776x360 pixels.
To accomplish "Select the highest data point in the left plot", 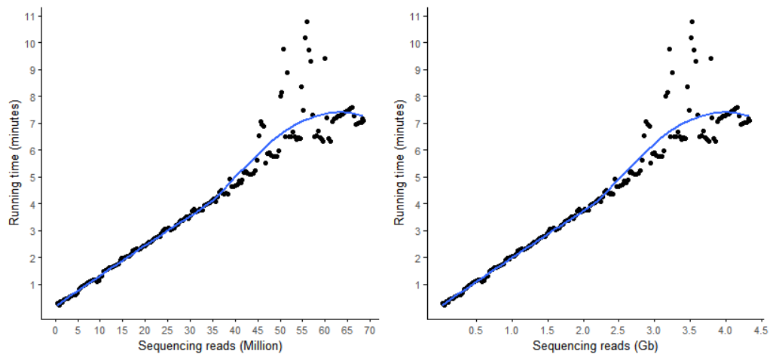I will (x=307, y=21).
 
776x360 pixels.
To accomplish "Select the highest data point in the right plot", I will (x=692, y=21).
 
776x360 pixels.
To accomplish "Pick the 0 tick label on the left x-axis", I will (x=55, y=330).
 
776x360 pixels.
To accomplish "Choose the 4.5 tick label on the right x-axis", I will (x=759, y=330).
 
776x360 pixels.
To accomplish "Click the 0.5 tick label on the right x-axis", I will (x=475, y=330).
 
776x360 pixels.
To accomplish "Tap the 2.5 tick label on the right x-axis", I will (x=618, y=330).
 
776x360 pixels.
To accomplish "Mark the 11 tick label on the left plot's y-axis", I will (x=31, y=16).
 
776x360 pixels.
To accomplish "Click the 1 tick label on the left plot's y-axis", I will (x=33, y=285).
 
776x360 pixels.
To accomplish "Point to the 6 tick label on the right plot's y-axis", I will (x=419, y=150).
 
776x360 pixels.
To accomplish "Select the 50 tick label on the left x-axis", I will (x=280, y=330).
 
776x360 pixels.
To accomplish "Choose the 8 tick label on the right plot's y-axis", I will (x=419, y=96).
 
